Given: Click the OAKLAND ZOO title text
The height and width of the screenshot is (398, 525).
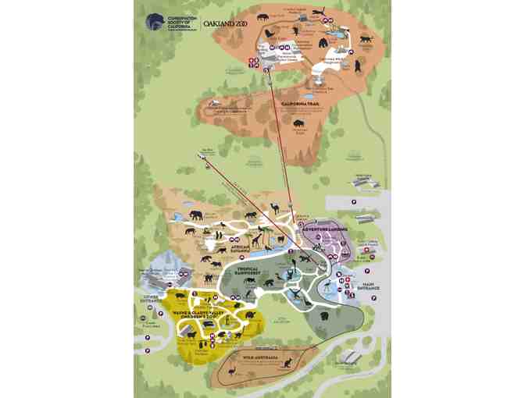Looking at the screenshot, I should click(226, 23).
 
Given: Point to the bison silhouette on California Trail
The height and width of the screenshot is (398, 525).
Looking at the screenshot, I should click(298, 123).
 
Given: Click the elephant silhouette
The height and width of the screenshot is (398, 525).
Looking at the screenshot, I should click(195, 215).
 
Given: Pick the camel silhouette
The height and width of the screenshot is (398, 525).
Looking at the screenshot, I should click(275, 208).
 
